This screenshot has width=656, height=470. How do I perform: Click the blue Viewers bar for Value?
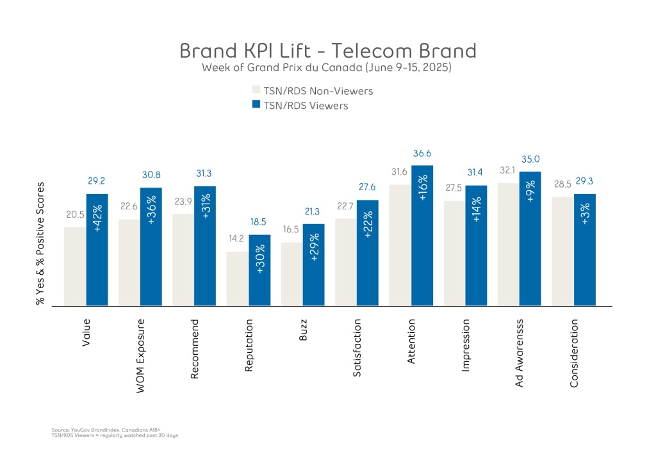click(97, 250)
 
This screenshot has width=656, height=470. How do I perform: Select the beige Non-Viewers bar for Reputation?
click(237, 279)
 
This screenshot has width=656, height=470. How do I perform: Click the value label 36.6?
click(422, 154)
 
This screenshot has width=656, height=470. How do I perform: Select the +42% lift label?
click(97, 215)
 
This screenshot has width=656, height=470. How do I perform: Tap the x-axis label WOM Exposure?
click(140, 355)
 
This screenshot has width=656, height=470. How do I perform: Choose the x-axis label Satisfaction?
click(357, 348)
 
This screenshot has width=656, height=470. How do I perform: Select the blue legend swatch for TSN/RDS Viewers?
click(256, 105)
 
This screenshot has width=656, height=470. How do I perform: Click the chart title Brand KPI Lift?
click(327, 51)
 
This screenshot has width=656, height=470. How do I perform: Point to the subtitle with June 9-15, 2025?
click(327, 67)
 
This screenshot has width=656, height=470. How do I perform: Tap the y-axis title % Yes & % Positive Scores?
click(41, 243)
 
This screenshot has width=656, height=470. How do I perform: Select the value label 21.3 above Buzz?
click(313, 212)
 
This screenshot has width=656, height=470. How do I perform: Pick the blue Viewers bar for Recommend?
click(205, 247)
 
